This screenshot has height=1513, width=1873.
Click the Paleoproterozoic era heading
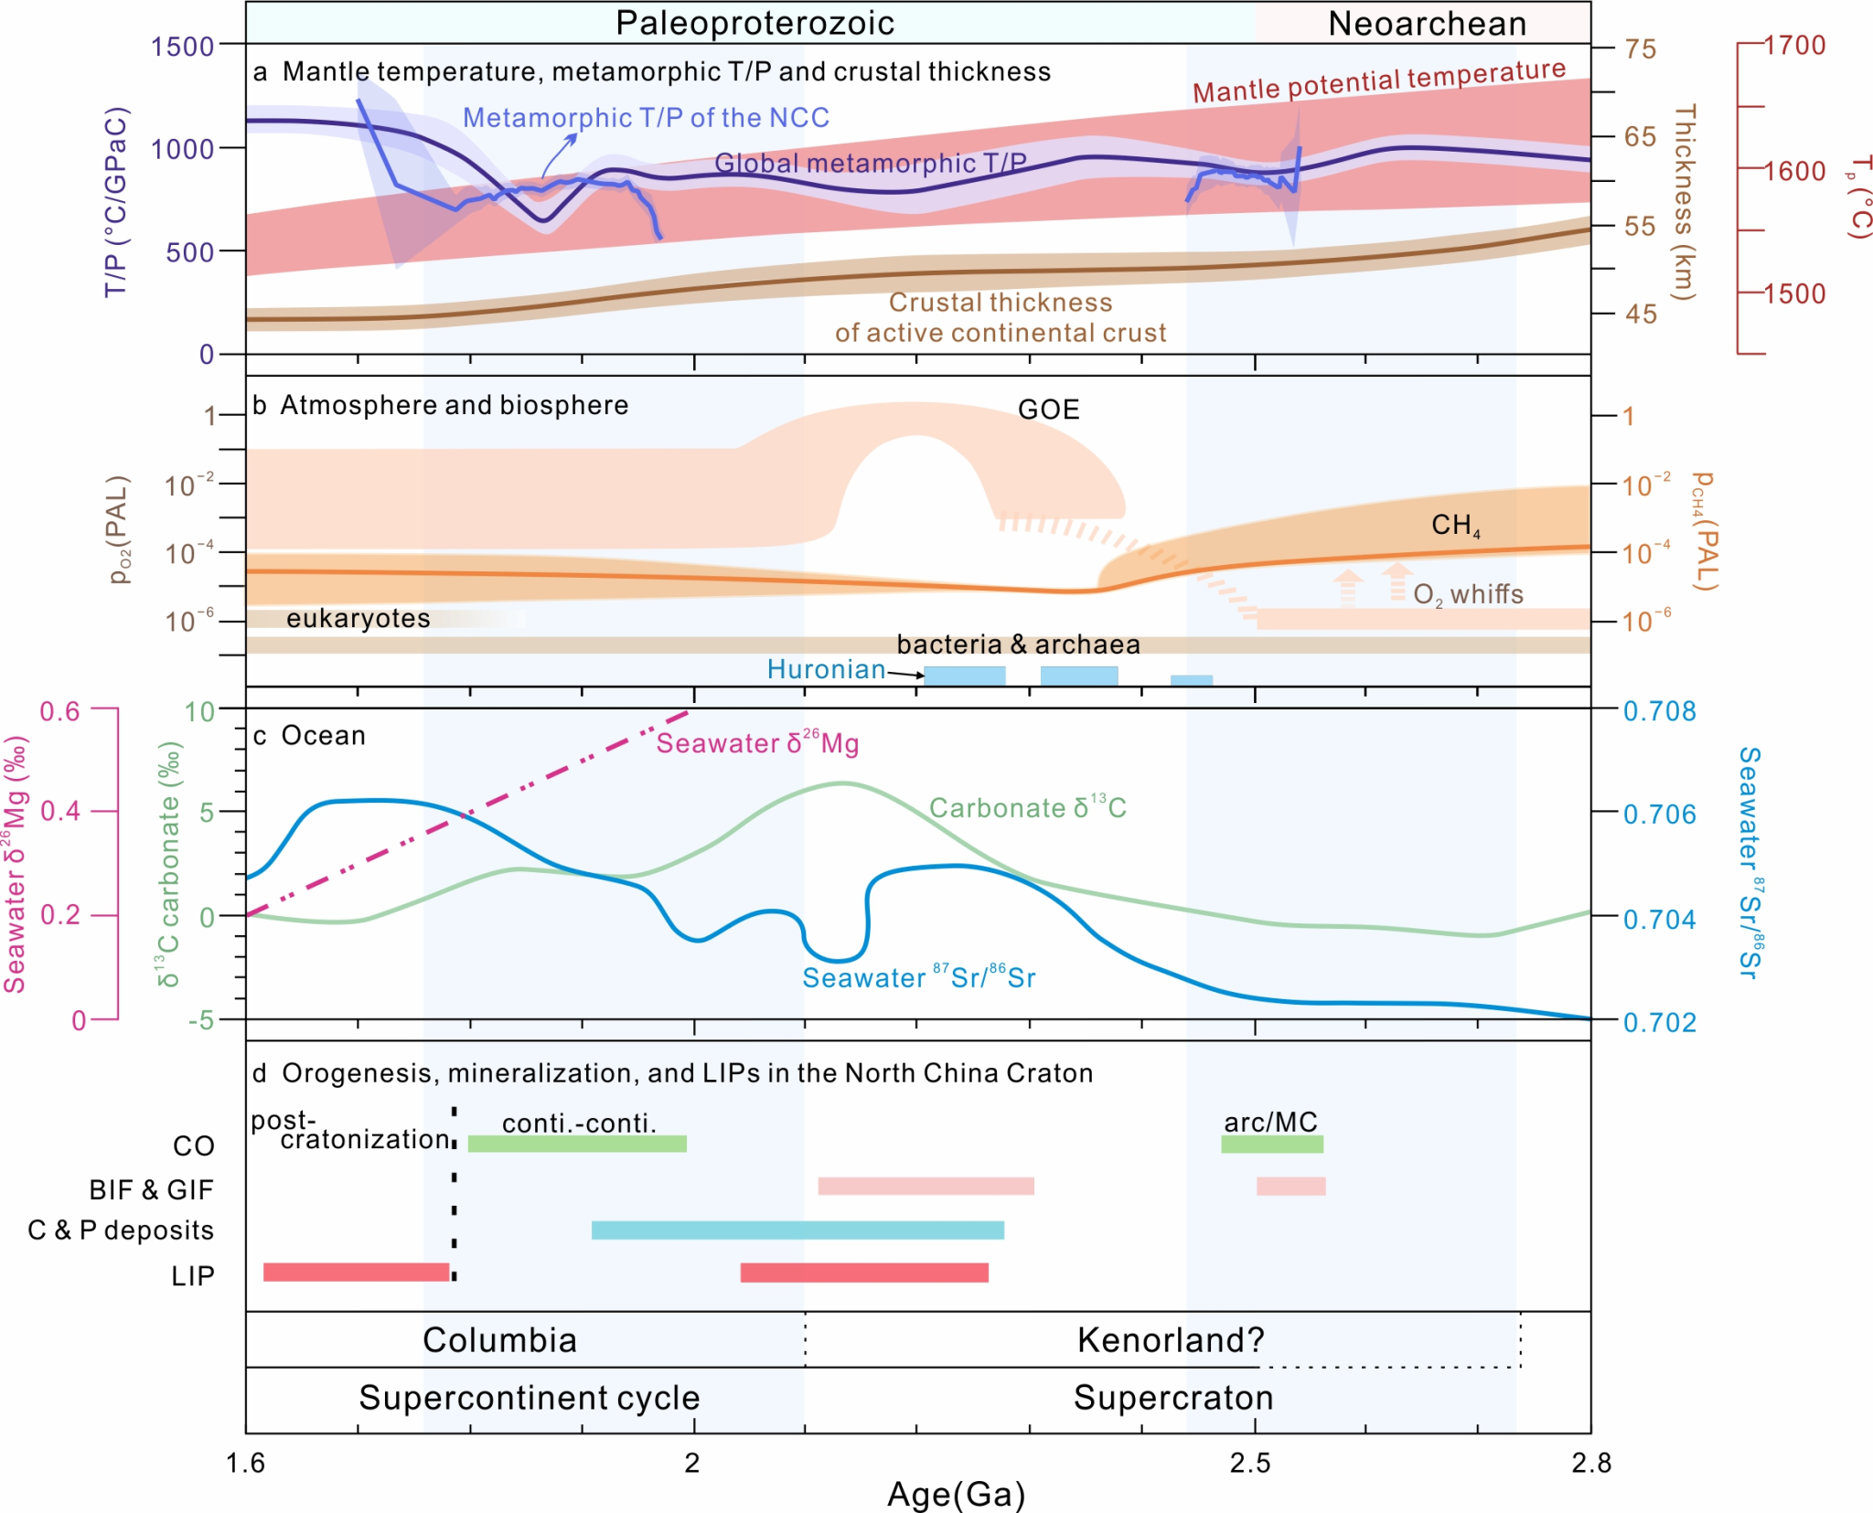click(x=755, y=24)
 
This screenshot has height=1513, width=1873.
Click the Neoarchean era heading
click(x=1427, y=24)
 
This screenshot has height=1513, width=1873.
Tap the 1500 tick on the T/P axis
click(x=182, y=46)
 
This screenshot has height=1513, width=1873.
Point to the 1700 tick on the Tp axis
click(x=1794, y=45)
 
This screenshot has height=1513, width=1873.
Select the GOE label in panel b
click(x=1048, y=409)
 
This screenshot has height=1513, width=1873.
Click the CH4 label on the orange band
click(x=1455, y=525)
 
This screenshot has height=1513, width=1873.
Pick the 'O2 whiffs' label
click(x=1468, y=594)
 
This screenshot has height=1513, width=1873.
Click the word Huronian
click(x=826, y=669)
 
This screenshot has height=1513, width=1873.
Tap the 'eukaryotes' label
click(x=358, y=619)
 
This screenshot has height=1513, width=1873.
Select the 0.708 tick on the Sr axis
click(x=1659, y=711)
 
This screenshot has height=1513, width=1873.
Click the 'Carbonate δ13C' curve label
click(x=1027, y=807)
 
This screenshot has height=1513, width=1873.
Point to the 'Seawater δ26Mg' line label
click(x=757, y=743)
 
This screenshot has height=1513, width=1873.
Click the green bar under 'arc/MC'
click(x=1272, y=1144)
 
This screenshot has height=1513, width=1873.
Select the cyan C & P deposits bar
click(x=797, y=1230)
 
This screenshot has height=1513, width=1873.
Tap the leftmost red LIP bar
click(x=356, y=1272)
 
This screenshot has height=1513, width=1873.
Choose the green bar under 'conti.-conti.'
click(x=577, y=1144)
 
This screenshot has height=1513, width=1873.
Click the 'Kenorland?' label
click(x=1171, y=1340)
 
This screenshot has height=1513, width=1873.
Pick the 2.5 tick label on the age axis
click(x=1250, y=1464)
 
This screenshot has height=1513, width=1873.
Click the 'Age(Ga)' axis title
click(x=956, y=1495)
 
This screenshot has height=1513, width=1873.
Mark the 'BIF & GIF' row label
click(x=151, y=1189)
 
